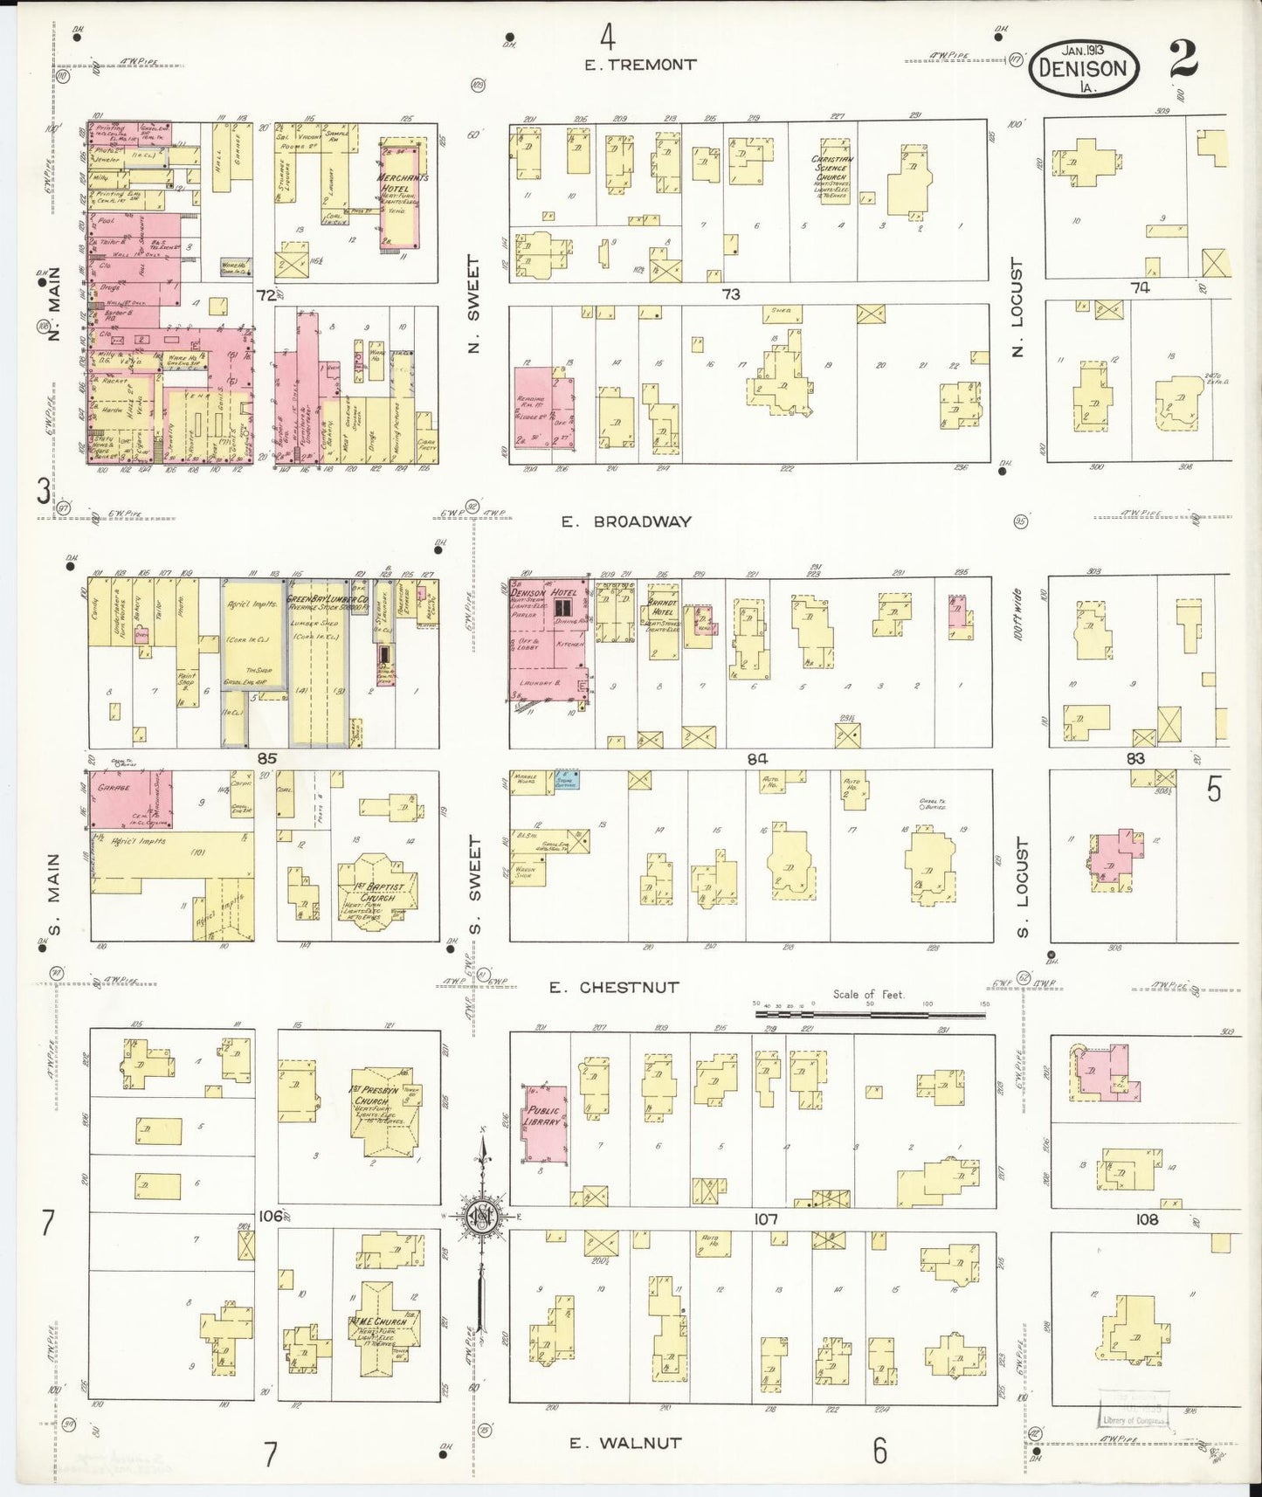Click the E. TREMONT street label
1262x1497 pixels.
pyautogui.click(x=640, y=65)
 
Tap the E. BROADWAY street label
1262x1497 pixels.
pyautogui.click(x=626, y=521)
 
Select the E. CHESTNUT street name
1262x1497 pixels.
pyautogui.click(x=613, y=988)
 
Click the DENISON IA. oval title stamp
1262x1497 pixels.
pyautogui.click(x=1085, y=67)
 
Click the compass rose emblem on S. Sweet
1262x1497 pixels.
pyautogui.click(x=479, y=1218)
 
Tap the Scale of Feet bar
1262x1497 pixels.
pyautogui.click(x=870, y=1015)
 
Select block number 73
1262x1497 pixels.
pyautogui.click(x=730, y=295)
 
